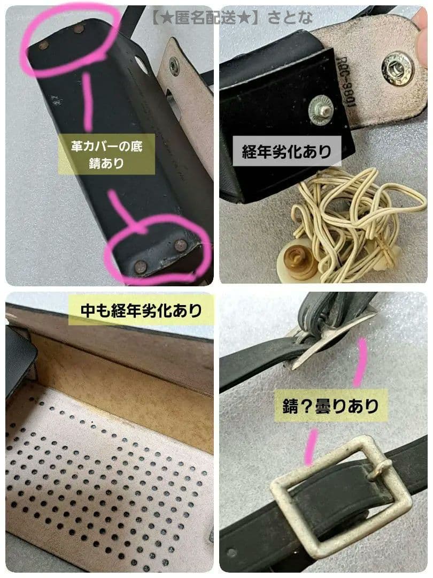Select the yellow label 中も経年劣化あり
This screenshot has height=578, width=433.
[x=141, y=310]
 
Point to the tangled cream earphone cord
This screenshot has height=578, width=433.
[x=358, y=214]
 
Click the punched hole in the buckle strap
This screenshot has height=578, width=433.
[x=231, y=552]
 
